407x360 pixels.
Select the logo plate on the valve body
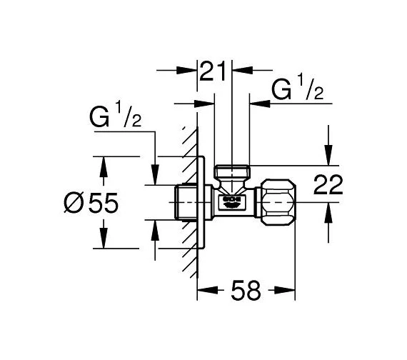(x=231, y=201)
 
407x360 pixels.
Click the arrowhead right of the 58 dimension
(x=290, y=290)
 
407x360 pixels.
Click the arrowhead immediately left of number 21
(x=191, y=71)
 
